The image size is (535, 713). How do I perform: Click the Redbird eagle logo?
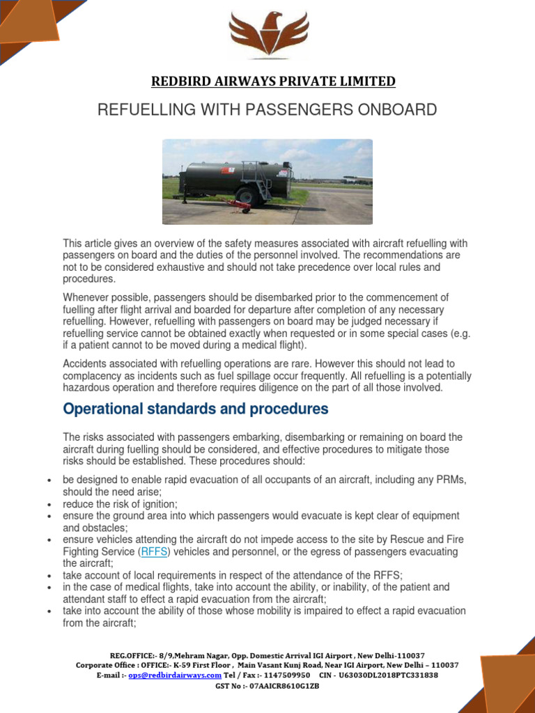tap(269, 36)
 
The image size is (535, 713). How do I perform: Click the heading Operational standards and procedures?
tap(195, 409)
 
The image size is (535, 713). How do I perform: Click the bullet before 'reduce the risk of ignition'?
tap(47, 504)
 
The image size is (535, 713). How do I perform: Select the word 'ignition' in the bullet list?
tap(160, 503)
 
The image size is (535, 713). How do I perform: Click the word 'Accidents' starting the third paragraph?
tap(86, 363)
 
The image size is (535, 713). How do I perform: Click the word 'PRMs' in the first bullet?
tap(451, 480)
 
